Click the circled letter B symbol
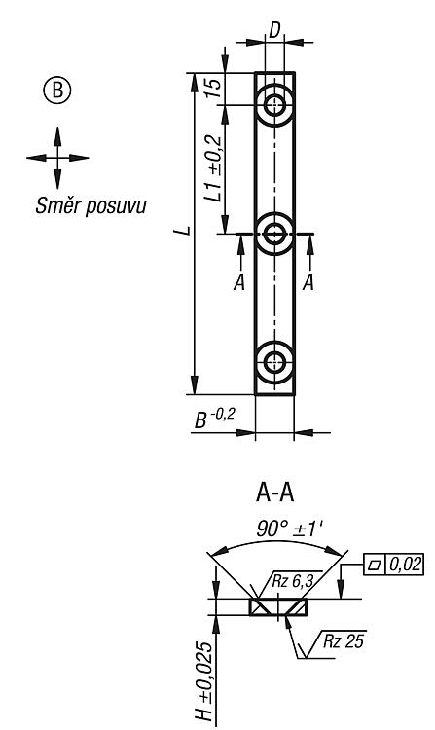(x=57, y=90)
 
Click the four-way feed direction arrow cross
(x=57, y=158)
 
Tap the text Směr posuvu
(x=91, y=205)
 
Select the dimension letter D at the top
(x=275, y=30)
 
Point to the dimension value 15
(x=212, y=88)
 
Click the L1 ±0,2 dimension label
(x=213, y=168)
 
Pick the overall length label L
(x=186, y=231)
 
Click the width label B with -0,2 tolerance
(x=214, y=419)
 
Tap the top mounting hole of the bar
(x=275, y=106)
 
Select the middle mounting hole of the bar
(x=275, y=234)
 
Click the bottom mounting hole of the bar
(x=275, y=362)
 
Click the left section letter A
(x=239, y=282)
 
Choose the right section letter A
(x=308, y=282)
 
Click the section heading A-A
(x=275, y=493)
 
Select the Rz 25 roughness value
(x=344, y=641)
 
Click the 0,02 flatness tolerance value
(x=405, y=565)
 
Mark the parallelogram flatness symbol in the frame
(x=375, y=565)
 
